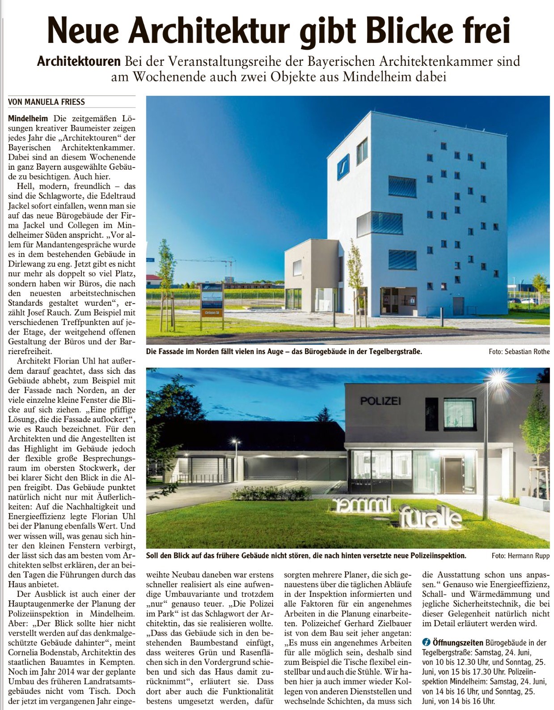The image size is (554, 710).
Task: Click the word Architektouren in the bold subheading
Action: (x=79, y=61)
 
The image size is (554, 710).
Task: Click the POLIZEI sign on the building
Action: (x=380, y=401)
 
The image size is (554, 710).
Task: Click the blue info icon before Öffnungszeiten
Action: (x=426, y=642)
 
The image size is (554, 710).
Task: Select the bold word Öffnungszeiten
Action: (x=458, y=642)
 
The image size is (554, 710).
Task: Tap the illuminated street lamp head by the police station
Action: (x=495, y=381)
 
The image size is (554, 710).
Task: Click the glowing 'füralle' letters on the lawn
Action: (x=430, y=518)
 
